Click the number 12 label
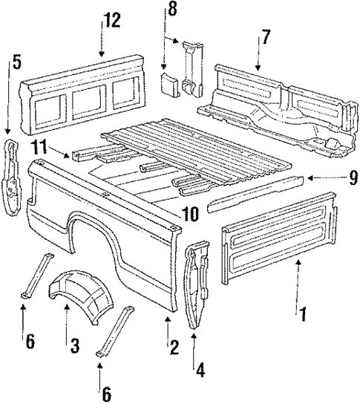pyautogui.click(x=112, y=22)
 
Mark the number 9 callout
pyautogui.click(x=333, y=179)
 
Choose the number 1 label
pyautogui.click(x=302, y=312)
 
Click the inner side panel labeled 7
pyautogui.click(x=275, y=104)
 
